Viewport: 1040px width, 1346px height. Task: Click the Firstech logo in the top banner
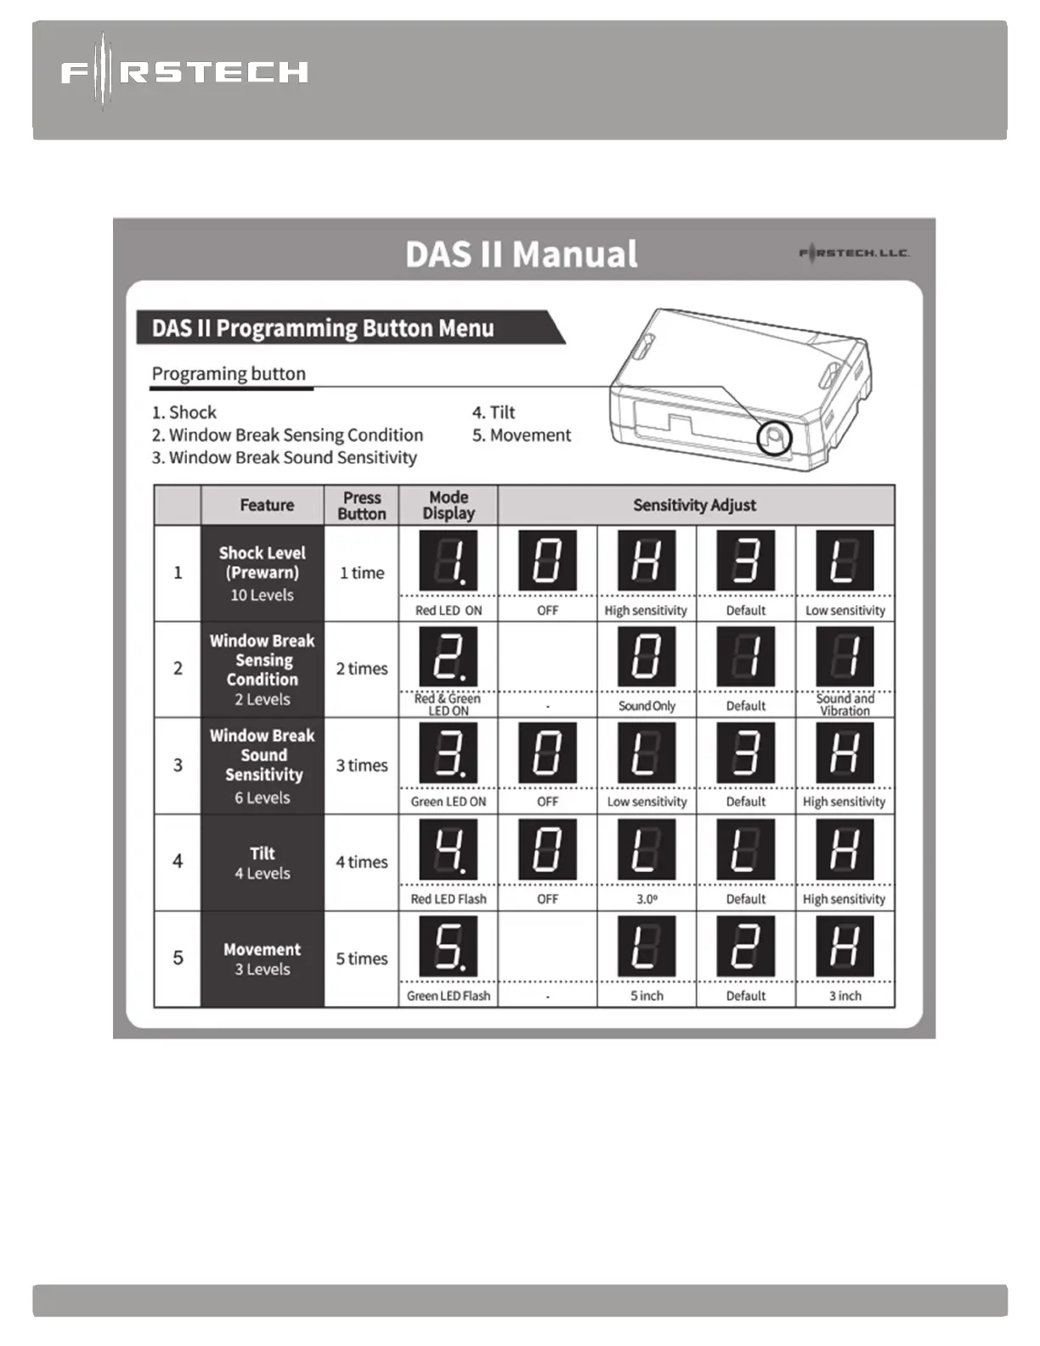click(184, 72)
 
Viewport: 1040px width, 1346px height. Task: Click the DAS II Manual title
click(521, 254)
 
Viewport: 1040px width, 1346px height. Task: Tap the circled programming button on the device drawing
click(773, 438)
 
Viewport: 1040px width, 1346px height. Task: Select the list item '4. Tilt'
click(494, 412)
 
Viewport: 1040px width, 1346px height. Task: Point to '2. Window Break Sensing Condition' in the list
click(287, 435)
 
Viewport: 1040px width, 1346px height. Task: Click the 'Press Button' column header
click(362, 506)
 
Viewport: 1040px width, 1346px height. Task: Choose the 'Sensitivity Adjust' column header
click(694, 505)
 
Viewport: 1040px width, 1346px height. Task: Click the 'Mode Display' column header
click(449, 505)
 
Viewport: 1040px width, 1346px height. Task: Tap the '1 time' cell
click(362, 573)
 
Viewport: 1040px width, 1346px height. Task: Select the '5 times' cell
click(362, 959)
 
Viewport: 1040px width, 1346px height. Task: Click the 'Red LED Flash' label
click(449, 899)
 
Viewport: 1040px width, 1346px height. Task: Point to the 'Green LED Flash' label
click(449, 996)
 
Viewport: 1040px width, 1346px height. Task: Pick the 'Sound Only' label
click(647, 706)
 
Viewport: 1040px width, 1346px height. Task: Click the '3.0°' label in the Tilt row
click(647, 899)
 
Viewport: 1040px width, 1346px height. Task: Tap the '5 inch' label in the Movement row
click(647, 996)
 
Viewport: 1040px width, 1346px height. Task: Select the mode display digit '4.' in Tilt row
click(449, 850)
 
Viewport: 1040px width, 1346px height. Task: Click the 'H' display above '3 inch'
click(845, 946)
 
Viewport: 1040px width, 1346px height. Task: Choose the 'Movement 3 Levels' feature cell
click(263, 959)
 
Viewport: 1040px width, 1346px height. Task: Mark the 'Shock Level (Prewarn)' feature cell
click(263, 573)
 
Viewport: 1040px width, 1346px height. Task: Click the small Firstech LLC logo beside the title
click(854, 252)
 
